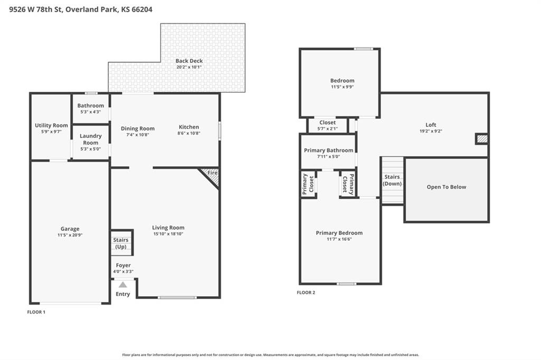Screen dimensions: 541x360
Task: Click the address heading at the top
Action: point(81,10)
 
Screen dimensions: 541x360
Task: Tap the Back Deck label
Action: point(189,61)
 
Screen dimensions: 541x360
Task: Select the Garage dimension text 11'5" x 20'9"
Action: point(70,235)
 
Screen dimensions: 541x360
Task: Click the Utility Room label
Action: point(51,125)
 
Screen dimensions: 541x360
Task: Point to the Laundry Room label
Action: point(91,139)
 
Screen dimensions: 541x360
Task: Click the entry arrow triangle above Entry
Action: point(123,285)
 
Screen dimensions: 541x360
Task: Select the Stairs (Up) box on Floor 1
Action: point(122,243)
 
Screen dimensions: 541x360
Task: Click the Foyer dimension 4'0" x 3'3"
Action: point(123,271)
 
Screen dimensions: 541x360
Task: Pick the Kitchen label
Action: point(189,127)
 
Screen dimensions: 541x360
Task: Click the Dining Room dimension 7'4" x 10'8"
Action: point(138,135)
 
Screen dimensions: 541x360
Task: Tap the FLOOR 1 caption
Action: point(36,312)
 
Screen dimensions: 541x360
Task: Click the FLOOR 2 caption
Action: point(306,292)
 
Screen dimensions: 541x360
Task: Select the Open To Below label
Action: point(446,187)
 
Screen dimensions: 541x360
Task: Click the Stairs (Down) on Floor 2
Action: point(393,181)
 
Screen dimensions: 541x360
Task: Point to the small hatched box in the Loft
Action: point(482,139)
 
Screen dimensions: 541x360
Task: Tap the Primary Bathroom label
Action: point(329,150)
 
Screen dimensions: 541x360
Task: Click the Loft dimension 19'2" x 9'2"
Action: point(431,131)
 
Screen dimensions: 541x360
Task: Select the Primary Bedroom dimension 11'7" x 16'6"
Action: point(339,239)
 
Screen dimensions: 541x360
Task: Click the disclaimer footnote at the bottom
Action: point(270,355)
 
